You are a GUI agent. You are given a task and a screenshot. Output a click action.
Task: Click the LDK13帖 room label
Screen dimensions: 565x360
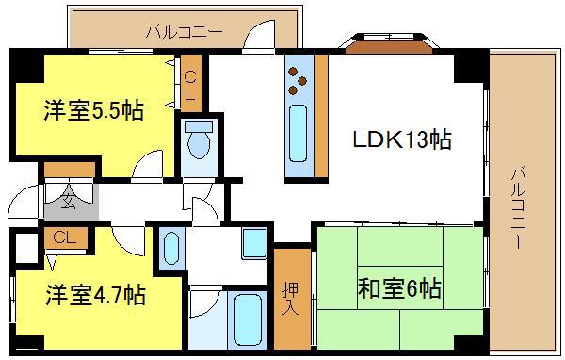pyautogui.click(x=402, y=139)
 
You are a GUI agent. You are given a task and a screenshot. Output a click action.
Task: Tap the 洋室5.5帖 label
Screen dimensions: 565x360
pyautogui.click(x=93, y=110)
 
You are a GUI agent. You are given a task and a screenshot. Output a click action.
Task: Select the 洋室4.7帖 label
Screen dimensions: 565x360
pyautogui.click(x=95, y=295)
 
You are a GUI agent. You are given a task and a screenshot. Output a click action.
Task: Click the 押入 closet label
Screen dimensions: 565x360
pyautogui.click(x=290, y=298)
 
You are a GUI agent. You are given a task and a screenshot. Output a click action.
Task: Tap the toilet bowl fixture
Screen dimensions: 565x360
pyautogui.click(x=199, y=140)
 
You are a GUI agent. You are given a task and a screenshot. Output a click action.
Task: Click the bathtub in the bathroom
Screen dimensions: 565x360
pyautogui.click(x=248, y=320)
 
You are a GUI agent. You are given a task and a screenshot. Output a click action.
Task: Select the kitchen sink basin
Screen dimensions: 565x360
pyautogui.click(x=298, y=133)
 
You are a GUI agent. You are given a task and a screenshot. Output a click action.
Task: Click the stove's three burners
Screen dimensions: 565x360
pyautogui.click(x=297, y=81)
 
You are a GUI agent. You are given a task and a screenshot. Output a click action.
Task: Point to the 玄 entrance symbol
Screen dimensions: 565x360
pyautogui.click(x=69, y=201)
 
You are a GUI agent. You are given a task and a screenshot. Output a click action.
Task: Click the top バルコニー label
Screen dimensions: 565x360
pyautogui.click(x=184, y=32)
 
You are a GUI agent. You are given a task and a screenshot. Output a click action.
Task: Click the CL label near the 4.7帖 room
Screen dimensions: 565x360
pyautogui.click(x=65, y=237)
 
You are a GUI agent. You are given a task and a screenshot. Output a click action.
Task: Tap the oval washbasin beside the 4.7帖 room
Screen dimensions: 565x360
pyautogui.click(x=171, y=248)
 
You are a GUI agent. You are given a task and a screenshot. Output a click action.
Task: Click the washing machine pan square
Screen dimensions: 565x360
pyautogui.click(x=254, y=243)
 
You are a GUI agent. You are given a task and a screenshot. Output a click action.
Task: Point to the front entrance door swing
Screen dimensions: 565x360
pyautogui.click(x=23, y=202)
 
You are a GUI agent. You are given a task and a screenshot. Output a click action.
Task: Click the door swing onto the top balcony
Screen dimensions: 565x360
pyautogui.click(x=259, y=35)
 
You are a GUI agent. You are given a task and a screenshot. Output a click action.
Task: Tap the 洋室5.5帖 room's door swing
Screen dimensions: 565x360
pyautogui.click(x=148, y=165)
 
